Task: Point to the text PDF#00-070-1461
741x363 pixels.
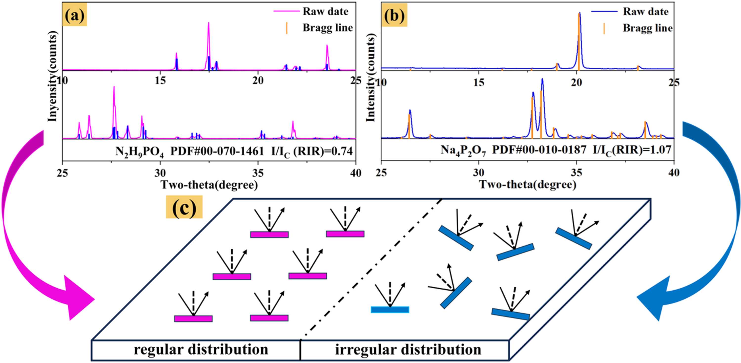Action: pos(217,151)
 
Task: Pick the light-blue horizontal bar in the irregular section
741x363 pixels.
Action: pos(390,309)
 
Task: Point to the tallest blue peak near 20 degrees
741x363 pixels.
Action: pos(580,13)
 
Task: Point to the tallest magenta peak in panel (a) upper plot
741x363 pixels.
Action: pos(208,23)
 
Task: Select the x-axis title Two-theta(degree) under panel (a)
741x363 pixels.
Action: pos(209,185)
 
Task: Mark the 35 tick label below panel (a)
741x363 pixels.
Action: pos(258,173)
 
